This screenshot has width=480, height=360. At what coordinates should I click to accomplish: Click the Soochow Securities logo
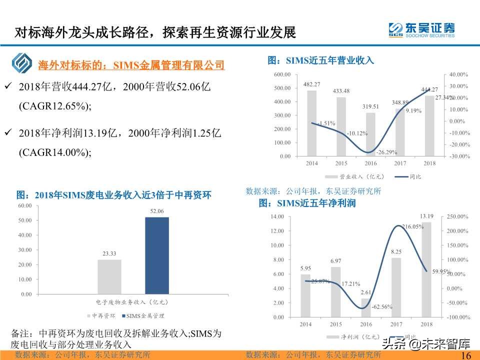(x=421, y=29)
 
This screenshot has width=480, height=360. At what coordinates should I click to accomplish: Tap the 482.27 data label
(x=312, y=84)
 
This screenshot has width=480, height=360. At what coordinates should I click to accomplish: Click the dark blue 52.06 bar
(x=157, y=255)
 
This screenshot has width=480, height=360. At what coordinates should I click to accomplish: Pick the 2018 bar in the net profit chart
(x=426, y=269)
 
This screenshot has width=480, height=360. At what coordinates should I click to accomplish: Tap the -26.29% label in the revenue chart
(x=386, y=152)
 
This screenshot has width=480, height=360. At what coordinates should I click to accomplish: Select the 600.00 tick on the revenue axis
(x=282, y=74)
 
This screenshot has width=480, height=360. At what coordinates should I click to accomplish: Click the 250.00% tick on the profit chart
(x=457, y=216)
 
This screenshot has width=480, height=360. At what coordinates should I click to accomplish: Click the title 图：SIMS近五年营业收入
(x=320, y=60)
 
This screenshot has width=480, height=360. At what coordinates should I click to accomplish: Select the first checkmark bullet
(x=8, y=86)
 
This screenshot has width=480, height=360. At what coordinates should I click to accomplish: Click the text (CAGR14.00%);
(x=55, y=153)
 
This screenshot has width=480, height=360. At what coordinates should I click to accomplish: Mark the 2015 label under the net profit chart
(x=336, y=324)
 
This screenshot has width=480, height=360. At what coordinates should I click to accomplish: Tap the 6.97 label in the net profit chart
(x=336, y=261)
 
